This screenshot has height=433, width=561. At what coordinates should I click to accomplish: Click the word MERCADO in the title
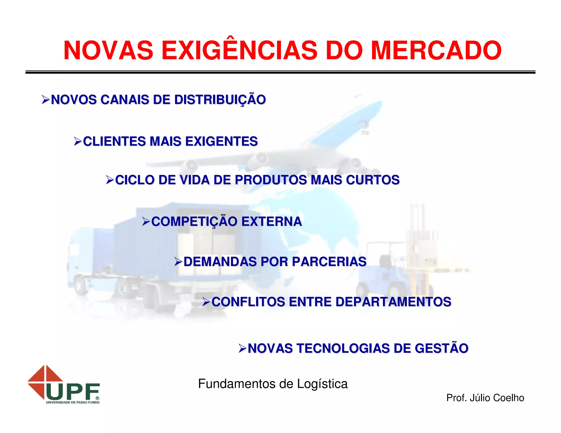coord(436,51)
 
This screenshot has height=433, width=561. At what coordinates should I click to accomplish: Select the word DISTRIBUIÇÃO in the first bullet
coord(220,100)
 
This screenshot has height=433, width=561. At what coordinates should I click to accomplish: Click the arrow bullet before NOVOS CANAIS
coord(45,100)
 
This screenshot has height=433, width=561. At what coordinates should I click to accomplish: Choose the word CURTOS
coord(373,180)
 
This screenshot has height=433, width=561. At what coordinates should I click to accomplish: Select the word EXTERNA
coord(271,222)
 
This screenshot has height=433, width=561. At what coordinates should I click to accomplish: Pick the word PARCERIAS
coord(329,262)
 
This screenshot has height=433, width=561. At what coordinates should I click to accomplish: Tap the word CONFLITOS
coord(248,302)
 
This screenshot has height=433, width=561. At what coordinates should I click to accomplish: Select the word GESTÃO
coord(441,348)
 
